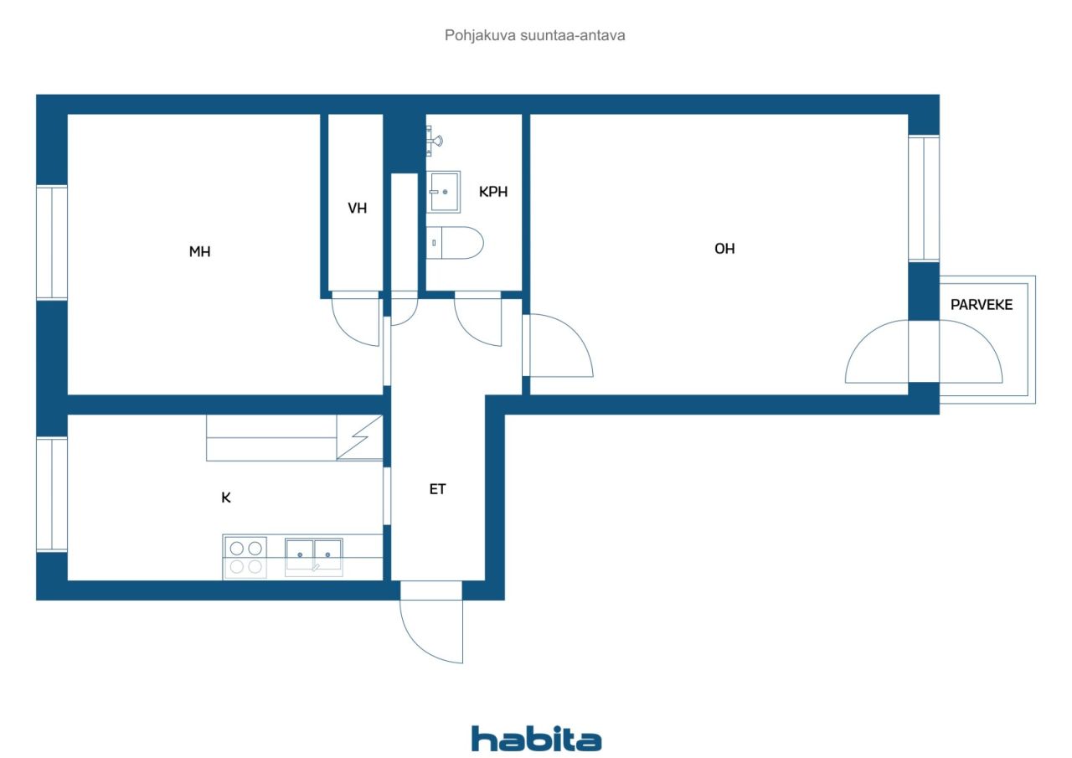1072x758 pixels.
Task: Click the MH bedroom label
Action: pos(199,251)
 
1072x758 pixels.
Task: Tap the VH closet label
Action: pos(358,209)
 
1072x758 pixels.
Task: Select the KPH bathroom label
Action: pos(493,192)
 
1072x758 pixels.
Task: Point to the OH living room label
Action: pos(724,249)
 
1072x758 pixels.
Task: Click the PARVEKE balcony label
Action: pos(982,305)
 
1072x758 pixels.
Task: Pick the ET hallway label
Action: pos(437,489)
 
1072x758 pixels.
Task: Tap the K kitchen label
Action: pos(226,498)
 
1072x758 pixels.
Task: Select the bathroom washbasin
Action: pos(444,192)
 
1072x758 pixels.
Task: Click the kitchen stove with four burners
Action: pos(245,557)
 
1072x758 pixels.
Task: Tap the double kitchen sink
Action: pos(313,554)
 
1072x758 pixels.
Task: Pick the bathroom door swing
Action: pos(478,321)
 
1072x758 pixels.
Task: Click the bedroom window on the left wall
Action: pos(52,242)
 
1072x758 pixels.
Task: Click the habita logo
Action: pos(536,738)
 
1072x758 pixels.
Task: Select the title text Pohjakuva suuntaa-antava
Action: pos(536,36)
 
